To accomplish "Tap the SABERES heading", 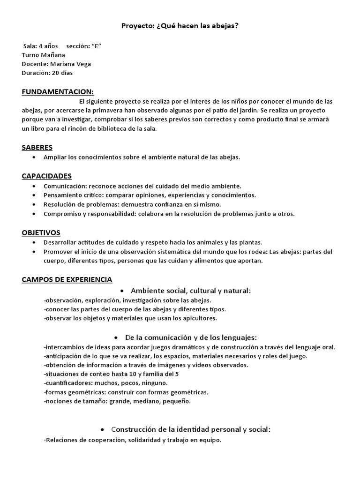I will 37,148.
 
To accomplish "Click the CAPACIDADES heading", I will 46,176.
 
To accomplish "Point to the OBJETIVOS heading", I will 41,232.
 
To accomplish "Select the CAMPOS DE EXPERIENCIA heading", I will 67,280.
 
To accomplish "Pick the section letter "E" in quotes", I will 97,46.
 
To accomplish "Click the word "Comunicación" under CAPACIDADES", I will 64,186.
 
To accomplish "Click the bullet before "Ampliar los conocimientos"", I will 35,157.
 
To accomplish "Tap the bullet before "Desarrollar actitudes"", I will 35,242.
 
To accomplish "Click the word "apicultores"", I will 200,318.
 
